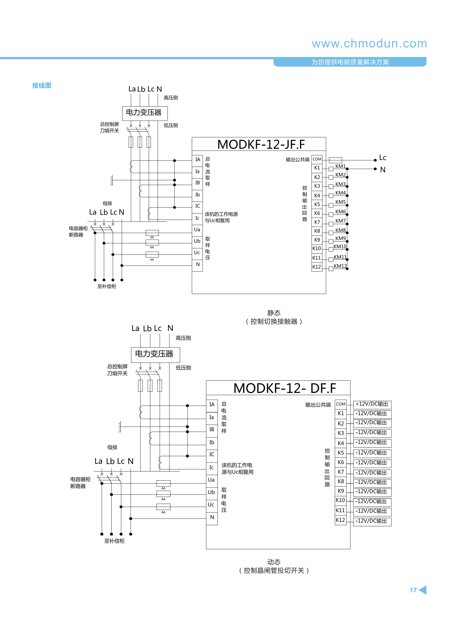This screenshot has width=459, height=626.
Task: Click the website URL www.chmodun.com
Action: (x=369, y=44)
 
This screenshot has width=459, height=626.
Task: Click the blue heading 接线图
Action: (x=42, y=85)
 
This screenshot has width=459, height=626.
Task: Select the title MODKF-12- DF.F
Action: (x=285, y=388)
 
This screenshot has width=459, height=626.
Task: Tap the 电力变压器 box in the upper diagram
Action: (x=144, y=113)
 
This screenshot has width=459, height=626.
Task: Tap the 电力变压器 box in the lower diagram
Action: (x=155, y=354)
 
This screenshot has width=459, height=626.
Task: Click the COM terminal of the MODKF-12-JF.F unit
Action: (x=317, y=159)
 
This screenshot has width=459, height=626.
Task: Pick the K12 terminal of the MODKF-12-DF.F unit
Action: (x=340, y=520)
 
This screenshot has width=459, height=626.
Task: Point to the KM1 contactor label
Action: (x=340, y=166)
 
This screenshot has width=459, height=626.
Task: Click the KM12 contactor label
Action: (x=340, y=266)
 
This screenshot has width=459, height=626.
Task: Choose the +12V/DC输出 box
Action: (x=372, y=404)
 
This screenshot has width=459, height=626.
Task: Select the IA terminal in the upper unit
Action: (x=197, y=160)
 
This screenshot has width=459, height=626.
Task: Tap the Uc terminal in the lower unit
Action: (x=211, y=505)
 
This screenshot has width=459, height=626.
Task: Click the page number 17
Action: (x=413, y=590)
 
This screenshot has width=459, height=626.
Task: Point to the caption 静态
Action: (x=274, y=313)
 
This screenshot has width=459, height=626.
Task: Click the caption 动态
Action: (x=274, y=562)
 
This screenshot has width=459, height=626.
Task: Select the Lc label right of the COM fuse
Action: (x=383, y=158)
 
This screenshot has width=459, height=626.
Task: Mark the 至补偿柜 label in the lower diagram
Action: (x=114, y=541)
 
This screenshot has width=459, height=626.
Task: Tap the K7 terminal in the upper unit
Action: (x=317, y=222)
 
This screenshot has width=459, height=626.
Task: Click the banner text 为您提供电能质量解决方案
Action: (x=350, y=62)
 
